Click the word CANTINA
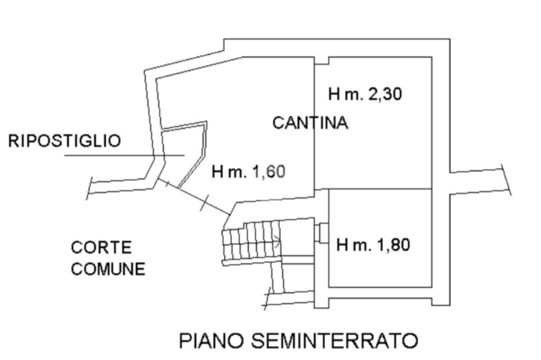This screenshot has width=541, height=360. (310, 123)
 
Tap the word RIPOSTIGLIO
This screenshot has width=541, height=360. (64, 141)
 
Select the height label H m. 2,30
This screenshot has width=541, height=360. (365, 94)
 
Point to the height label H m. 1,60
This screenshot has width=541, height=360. (248, 172)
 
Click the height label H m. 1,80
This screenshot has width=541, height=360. (373, 245)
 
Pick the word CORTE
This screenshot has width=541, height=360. (94, 248)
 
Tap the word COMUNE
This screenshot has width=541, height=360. (108, 269)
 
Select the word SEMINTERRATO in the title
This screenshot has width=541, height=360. (334, 340)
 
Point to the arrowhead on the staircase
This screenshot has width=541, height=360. (277, 242)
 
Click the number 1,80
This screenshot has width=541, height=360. (393, 245)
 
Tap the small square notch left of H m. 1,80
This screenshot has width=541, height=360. (323, 232)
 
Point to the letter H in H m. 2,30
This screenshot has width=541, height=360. (334, 94)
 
